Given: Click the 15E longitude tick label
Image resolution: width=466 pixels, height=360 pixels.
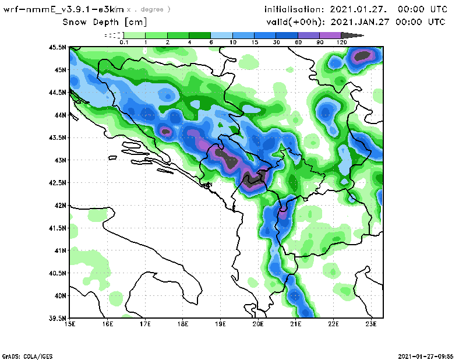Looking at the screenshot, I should click(70, 324).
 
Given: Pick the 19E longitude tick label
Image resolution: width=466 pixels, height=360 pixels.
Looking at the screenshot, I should click(221, 324).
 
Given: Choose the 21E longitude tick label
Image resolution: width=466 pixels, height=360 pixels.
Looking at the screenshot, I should click(296, 324).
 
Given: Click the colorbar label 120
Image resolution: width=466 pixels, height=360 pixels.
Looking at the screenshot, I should click(342, 43).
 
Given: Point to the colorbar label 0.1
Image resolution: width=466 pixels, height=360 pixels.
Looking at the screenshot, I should click(123, 43).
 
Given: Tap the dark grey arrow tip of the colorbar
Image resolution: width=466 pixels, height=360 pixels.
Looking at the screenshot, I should click(358, 36).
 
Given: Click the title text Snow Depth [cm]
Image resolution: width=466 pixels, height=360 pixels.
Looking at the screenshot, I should click(105, 22).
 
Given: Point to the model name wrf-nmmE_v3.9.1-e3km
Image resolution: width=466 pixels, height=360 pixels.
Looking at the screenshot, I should click(64, 10).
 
